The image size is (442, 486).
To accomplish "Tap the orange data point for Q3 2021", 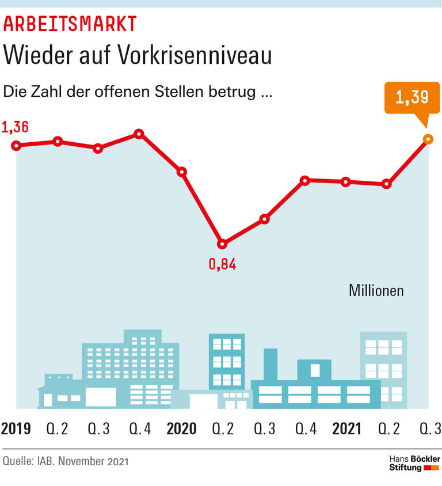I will coord(427,139).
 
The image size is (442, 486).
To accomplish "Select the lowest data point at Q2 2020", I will coord(223,244).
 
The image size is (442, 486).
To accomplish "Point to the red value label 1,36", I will coord(16,127).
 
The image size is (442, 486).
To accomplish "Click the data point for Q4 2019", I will coord(139,134).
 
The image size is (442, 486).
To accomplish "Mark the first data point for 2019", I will coord(16,146).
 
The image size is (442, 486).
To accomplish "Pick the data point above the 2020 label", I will coord(182,172).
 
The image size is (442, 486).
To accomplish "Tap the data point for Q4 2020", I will coord(306,180).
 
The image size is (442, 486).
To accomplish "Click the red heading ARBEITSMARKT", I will coord(71,24).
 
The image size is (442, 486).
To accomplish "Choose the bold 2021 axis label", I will coord(347,428).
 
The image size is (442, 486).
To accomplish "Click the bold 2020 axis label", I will coord(181,428).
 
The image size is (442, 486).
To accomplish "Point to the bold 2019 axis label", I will coord(16,428).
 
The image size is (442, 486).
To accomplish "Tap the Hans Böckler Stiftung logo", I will coord(414,463).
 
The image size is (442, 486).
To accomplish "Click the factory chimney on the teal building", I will coord(270,363).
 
